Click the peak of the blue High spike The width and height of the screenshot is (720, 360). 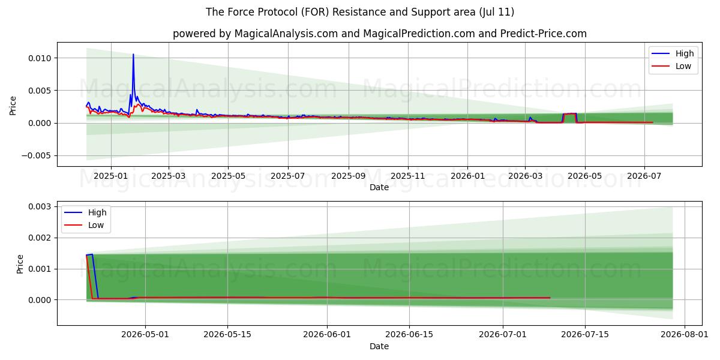133,54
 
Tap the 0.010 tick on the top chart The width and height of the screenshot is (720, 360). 40,58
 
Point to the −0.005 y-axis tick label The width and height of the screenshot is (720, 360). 37,155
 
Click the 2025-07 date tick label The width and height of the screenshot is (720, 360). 287,176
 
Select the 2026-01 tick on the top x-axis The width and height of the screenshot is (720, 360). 467,176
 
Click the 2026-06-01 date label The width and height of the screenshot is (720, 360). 327,335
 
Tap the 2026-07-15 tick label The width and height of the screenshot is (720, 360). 585,335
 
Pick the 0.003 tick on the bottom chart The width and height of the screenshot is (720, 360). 40,206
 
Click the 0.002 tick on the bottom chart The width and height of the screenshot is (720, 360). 40,238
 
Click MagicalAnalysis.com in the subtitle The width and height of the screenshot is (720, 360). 286,34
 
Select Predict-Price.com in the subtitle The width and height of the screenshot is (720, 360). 543,34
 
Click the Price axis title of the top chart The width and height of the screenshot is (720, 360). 13,106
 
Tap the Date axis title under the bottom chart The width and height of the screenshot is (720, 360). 379,346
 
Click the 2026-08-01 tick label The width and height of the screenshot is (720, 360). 685,335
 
